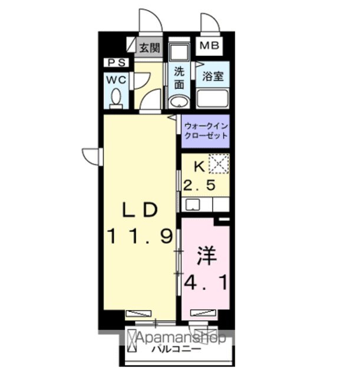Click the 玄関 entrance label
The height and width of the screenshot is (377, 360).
click(x=150, y=48)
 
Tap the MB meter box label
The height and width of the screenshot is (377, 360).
click(x=209, y=45)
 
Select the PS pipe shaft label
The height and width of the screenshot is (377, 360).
click(x=117, y=63)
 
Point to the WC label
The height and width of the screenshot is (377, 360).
click(x=117, y=80)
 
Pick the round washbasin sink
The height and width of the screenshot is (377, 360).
click(x=179, y=102)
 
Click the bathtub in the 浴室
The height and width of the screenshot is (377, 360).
click(x=212, y=98)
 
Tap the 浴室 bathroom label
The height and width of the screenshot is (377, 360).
click(x=213, y=76)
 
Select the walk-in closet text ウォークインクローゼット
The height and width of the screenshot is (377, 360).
click(x=206, y=131)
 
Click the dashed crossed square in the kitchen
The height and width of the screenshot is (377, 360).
click(x=219, y=164)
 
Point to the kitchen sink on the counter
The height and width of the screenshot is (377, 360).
click(x=193, y=205)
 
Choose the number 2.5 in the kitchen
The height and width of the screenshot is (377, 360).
click(x=199, y=186)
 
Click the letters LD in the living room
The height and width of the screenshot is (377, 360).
click(x=140, y=210)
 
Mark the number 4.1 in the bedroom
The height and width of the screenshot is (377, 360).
click(x=206, y=283)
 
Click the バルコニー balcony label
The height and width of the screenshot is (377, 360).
click(x=176, y=349)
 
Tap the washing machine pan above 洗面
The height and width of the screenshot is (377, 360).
click(x=179, y=52)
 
